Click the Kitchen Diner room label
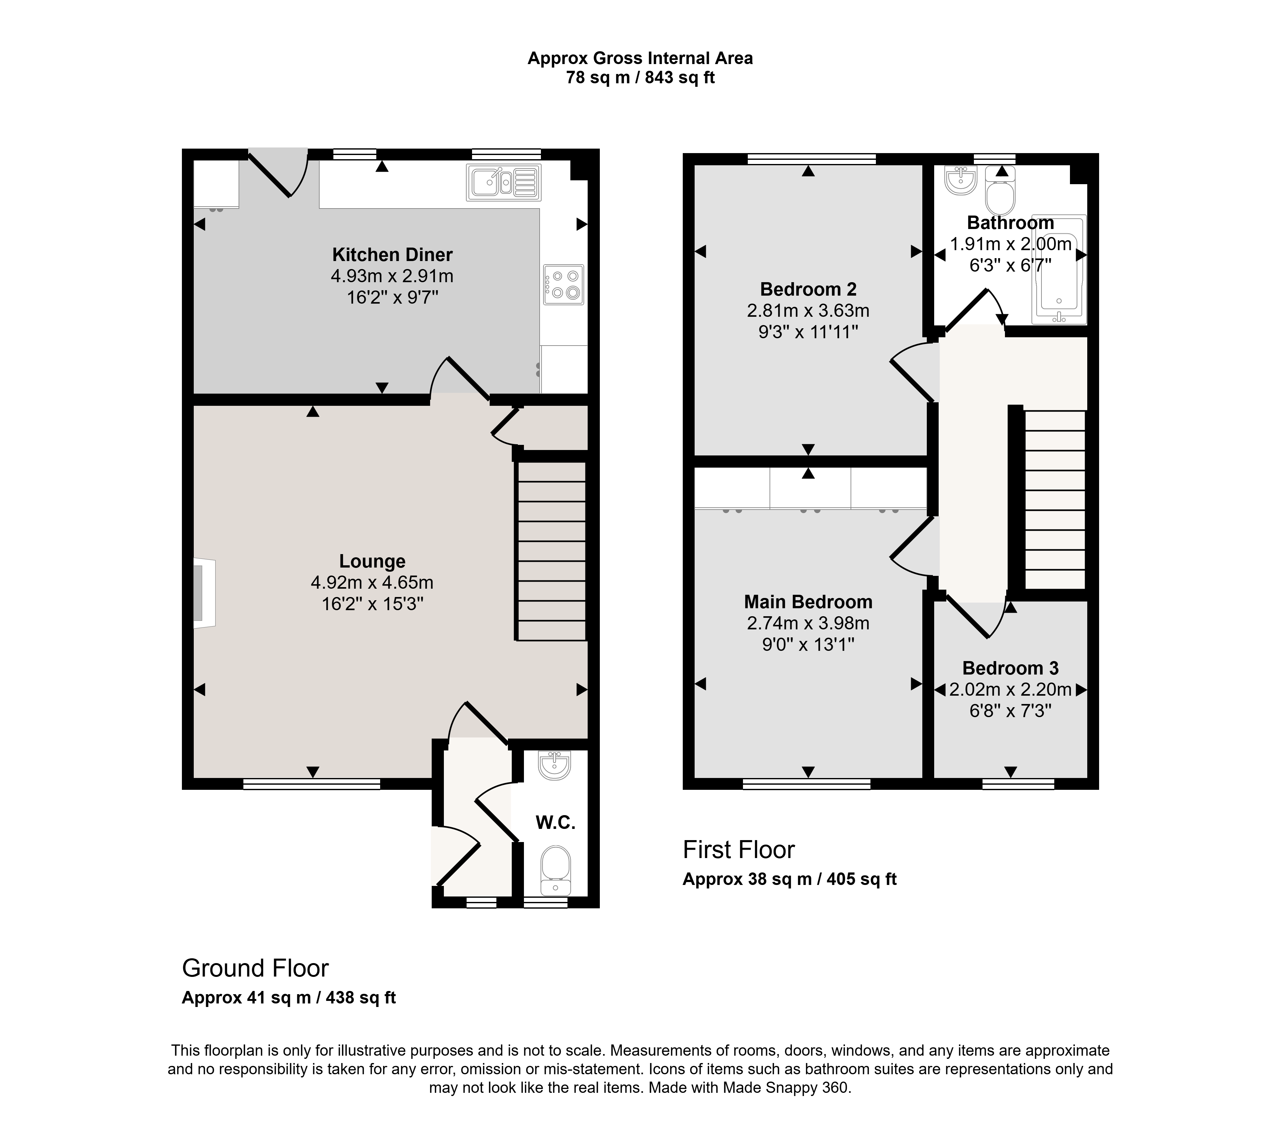(392, 255)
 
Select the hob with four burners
(564, 285)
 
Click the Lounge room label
(372, 561)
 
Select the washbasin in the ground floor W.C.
(554, 766)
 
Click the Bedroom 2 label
(808, 289)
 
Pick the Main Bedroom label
(808, 602)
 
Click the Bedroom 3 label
(1010, 668)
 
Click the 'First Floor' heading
(739, 849)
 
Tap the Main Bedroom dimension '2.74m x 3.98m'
(808, 623)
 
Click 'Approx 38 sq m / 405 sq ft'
(789, 879)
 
